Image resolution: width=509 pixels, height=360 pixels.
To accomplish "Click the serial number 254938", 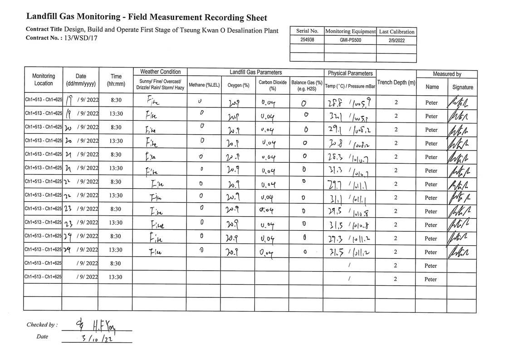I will pyautogui.click(x=307, y=40).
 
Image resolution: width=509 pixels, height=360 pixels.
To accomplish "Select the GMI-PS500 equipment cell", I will pyautogui.click(x=350, y=40).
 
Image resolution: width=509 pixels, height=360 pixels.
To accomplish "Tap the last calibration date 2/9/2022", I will pyautogui.click(x=396, y=40).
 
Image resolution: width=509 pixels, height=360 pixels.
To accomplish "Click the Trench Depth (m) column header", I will pyautogui.click(x=396, y=83).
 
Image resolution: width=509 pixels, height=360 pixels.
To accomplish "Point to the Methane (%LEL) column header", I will pyautogui.click(x=204, y=85).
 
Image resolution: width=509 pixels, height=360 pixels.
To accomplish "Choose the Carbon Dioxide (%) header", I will pyautogui.click(x=273, y=85).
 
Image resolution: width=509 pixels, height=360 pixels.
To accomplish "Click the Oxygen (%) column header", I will pyautogui.click(x=238, y=85).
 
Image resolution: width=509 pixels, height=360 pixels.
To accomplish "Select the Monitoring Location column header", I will pyautogui.click(x=44, y=80).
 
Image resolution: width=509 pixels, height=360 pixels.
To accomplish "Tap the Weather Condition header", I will pyautogui.click(x=160, y=72).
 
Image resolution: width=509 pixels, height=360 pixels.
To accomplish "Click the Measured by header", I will pyautogui.click(x=447, y=74).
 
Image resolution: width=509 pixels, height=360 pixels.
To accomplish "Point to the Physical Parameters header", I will pyautogui.click(x=350, y=73).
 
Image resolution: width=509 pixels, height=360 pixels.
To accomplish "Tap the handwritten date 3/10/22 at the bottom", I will pyautogui.click(x=96, y=338).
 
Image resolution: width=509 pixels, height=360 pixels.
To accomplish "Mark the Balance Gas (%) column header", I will pyautogui.click(x=307, y=85).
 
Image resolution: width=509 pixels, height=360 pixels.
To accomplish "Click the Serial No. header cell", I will pyautogui.click(x=307, y=31).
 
